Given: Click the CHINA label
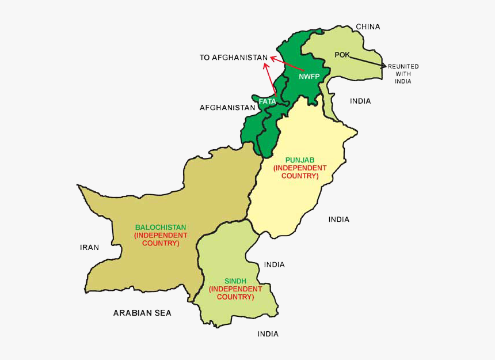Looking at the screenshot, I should [368, 26].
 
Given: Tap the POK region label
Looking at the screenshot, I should [342, 55].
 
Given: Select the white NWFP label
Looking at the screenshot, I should [309, 76].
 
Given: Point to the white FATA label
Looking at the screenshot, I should [267, 101].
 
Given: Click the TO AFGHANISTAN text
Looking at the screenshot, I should [234, 58].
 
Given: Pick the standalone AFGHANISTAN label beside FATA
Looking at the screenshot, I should [227, 108].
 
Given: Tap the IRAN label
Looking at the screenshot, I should [89, 248].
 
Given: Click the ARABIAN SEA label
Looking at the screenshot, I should [142, 313].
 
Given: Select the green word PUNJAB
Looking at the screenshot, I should [300, 160].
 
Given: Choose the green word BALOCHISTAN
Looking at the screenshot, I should [161, 227].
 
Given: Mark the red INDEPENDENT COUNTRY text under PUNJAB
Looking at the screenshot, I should [300, 172].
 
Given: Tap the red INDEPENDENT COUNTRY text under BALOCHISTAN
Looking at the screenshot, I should [161, 239].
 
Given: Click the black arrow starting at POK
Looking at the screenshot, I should [365, 61].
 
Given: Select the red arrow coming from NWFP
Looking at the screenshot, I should [286, 63].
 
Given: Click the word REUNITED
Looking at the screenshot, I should [403, 67].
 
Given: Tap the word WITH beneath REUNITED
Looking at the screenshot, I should [403, 74].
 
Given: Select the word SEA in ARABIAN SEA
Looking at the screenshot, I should [163, 313].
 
